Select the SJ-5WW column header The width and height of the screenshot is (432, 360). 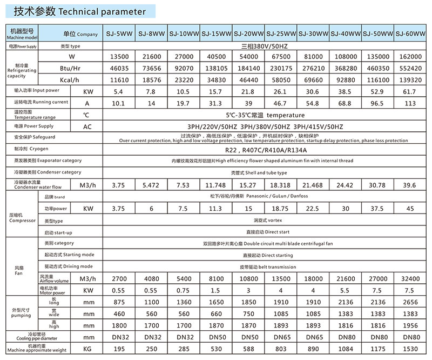tap(118, 34)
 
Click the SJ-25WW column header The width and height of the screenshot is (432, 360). tap(280, 34)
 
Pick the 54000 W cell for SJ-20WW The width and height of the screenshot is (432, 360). tap(248, 57)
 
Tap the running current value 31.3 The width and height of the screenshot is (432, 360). tap(215, 102)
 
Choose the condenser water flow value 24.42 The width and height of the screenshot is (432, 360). tap(345, 185)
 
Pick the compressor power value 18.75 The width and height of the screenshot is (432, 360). tap(280, 209)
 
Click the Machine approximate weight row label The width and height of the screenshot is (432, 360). tap(37, 349)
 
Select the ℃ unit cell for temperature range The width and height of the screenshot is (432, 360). tap(86, 115)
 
